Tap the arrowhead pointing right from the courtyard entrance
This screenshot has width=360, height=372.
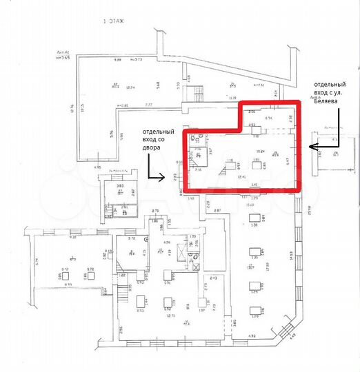click(163, 178)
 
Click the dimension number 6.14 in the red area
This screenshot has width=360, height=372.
click(268, 118)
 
